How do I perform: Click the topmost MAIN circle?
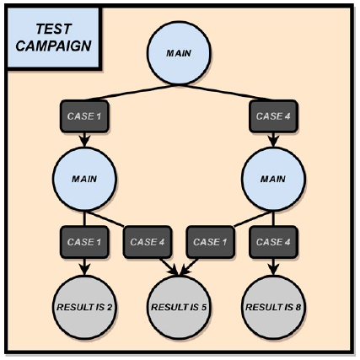[x=179, y=53]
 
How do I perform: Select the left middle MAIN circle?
[x=84, y=179]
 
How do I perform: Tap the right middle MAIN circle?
[x=273, y=179]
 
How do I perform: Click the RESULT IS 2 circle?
[x=84, y=307]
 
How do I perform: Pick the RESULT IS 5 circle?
[x=179, y=307]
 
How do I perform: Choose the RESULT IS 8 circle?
[x=273, y=307]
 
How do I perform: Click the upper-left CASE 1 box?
[x=84, y=116]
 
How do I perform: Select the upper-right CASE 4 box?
[x=273, y=116]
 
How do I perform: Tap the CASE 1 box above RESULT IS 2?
[x=84, y=242]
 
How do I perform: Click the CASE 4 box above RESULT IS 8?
[x=273, y=242]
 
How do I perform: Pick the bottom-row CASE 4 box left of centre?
[x=148, y=242]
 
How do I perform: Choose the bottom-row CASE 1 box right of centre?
[x=210, y=242]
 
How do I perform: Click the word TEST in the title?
[x=53, y=29]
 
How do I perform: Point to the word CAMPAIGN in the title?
[x=53, y=46]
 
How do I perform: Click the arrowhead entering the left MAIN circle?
[x=84, y=141]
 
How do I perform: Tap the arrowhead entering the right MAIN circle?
[x=273, y=141]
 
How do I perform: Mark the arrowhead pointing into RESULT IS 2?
[x=84, y=269]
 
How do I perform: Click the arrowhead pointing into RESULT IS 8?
[x=273, y=269]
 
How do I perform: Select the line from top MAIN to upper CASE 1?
[x=132, y=92]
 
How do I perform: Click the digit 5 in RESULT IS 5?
[x=203, y=307]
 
